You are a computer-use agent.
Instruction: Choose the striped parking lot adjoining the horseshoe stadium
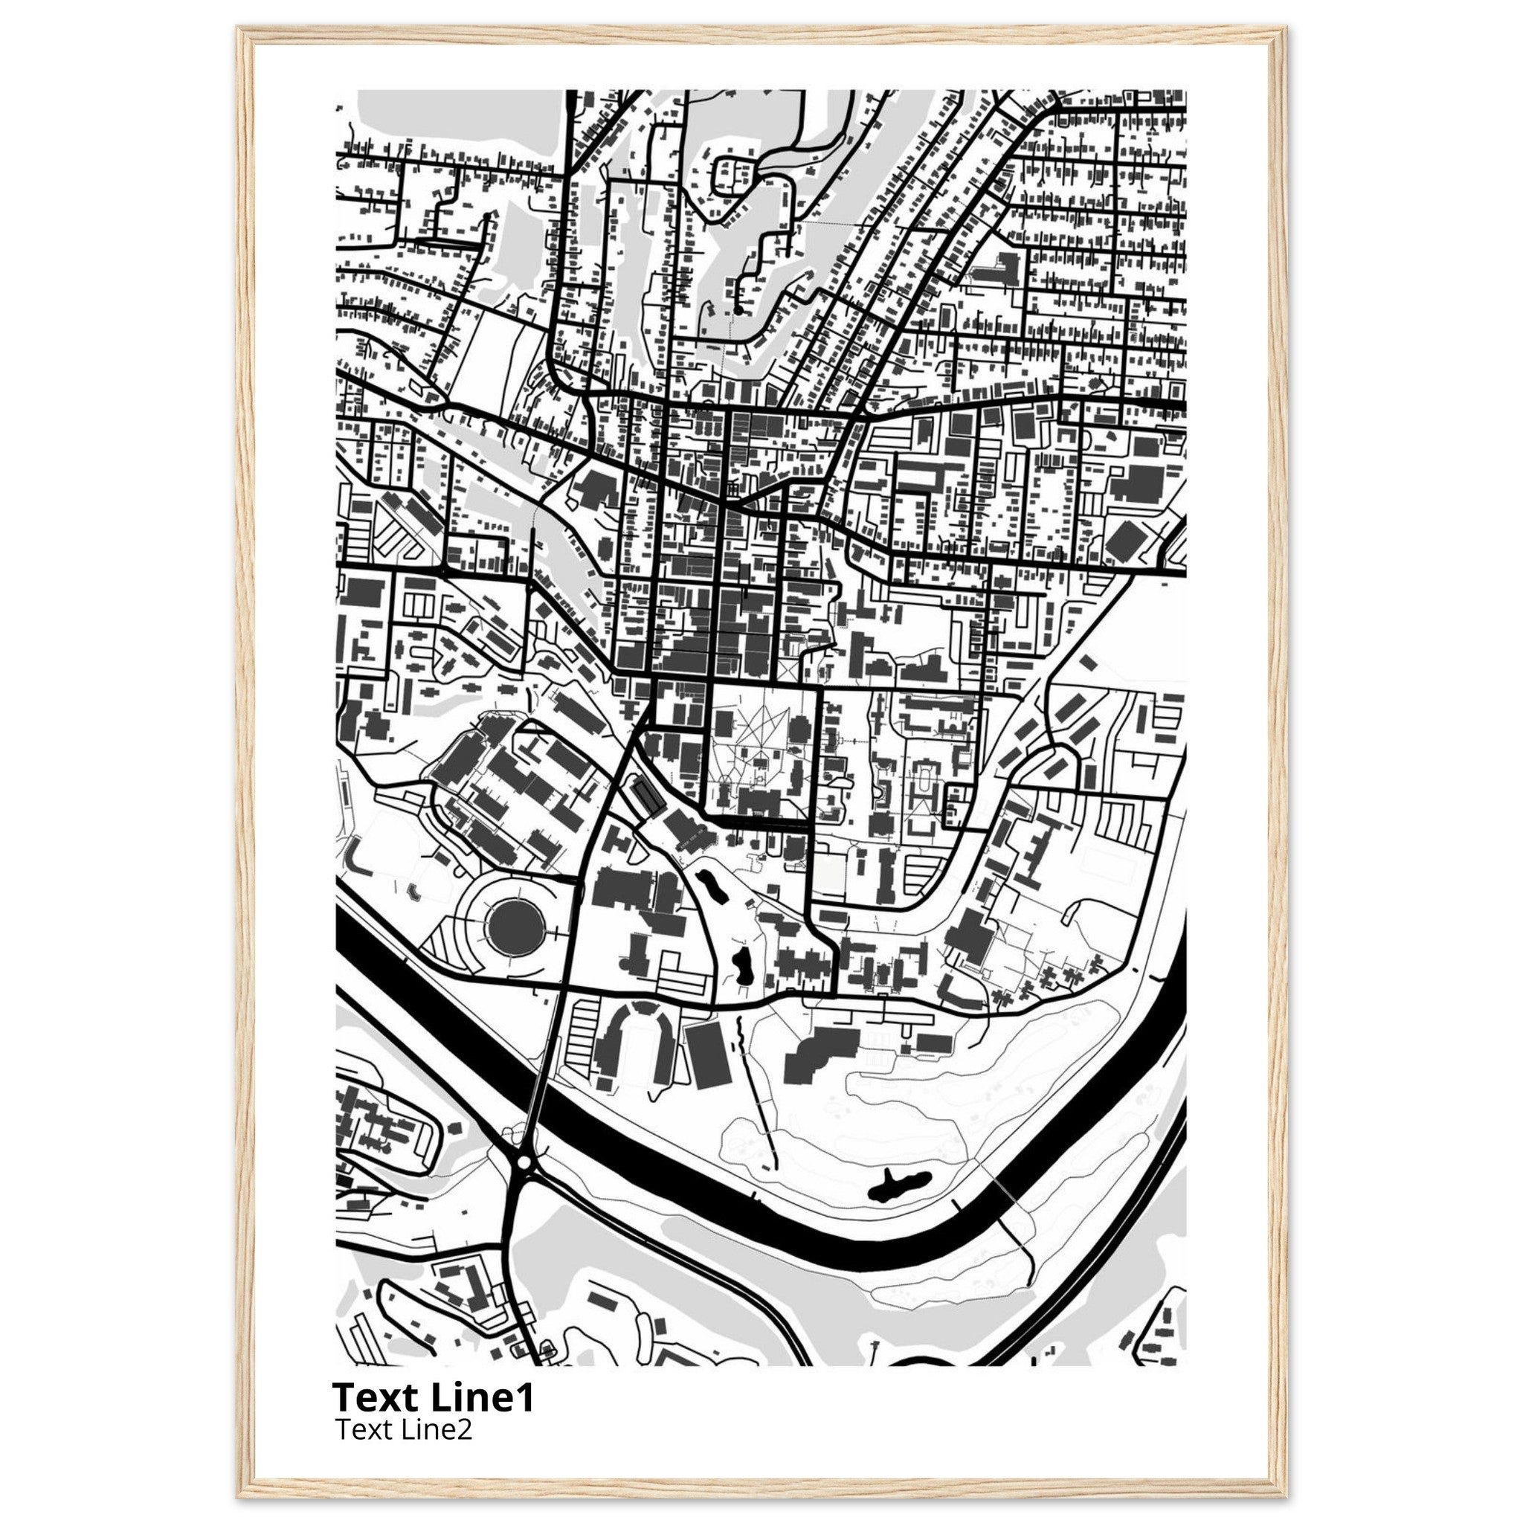582,1028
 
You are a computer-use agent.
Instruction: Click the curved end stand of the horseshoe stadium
637,1011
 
